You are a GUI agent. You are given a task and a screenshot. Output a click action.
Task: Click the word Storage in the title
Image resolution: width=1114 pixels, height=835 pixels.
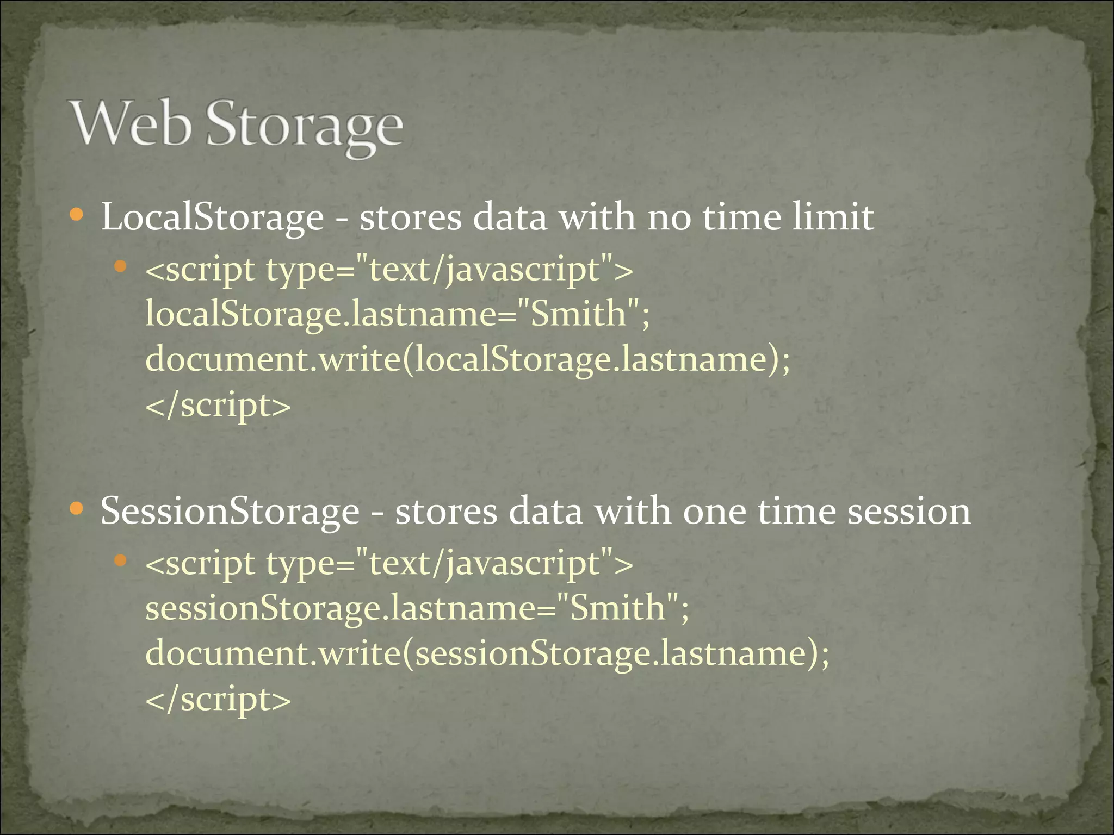coord(305,126)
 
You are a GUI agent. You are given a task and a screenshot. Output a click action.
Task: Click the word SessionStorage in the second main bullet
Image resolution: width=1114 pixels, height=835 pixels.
coord(230,512)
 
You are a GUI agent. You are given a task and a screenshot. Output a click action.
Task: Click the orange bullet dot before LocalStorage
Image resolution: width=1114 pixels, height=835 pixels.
coord(77,215)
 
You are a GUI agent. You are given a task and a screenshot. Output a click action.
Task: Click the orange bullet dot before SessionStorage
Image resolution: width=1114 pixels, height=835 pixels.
coord(77,509)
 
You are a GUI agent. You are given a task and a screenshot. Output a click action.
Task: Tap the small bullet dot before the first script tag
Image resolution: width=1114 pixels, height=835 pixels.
coord(121,266)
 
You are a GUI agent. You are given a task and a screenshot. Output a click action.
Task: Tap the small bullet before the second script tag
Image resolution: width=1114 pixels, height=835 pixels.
coord(121,560)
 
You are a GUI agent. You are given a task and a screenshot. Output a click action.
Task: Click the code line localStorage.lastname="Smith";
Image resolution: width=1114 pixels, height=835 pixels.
coord(398,314)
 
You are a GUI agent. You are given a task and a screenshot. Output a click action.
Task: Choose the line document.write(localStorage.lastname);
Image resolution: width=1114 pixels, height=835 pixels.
coord(468,359)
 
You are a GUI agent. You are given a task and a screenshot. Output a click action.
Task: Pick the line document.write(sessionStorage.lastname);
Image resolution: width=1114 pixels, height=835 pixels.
coord(487,653)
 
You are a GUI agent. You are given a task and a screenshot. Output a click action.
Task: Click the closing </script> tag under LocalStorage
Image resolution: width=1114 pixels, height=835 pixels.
coord(218,406)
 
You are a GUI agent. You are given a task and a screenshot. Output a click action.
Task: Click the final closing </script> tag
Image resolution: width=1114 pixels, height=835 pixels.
coord(218,700)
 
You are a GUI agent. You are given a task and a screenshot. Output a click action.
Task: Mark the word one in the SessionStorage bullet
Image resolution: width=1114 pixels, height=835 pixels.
coord(714,512)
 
